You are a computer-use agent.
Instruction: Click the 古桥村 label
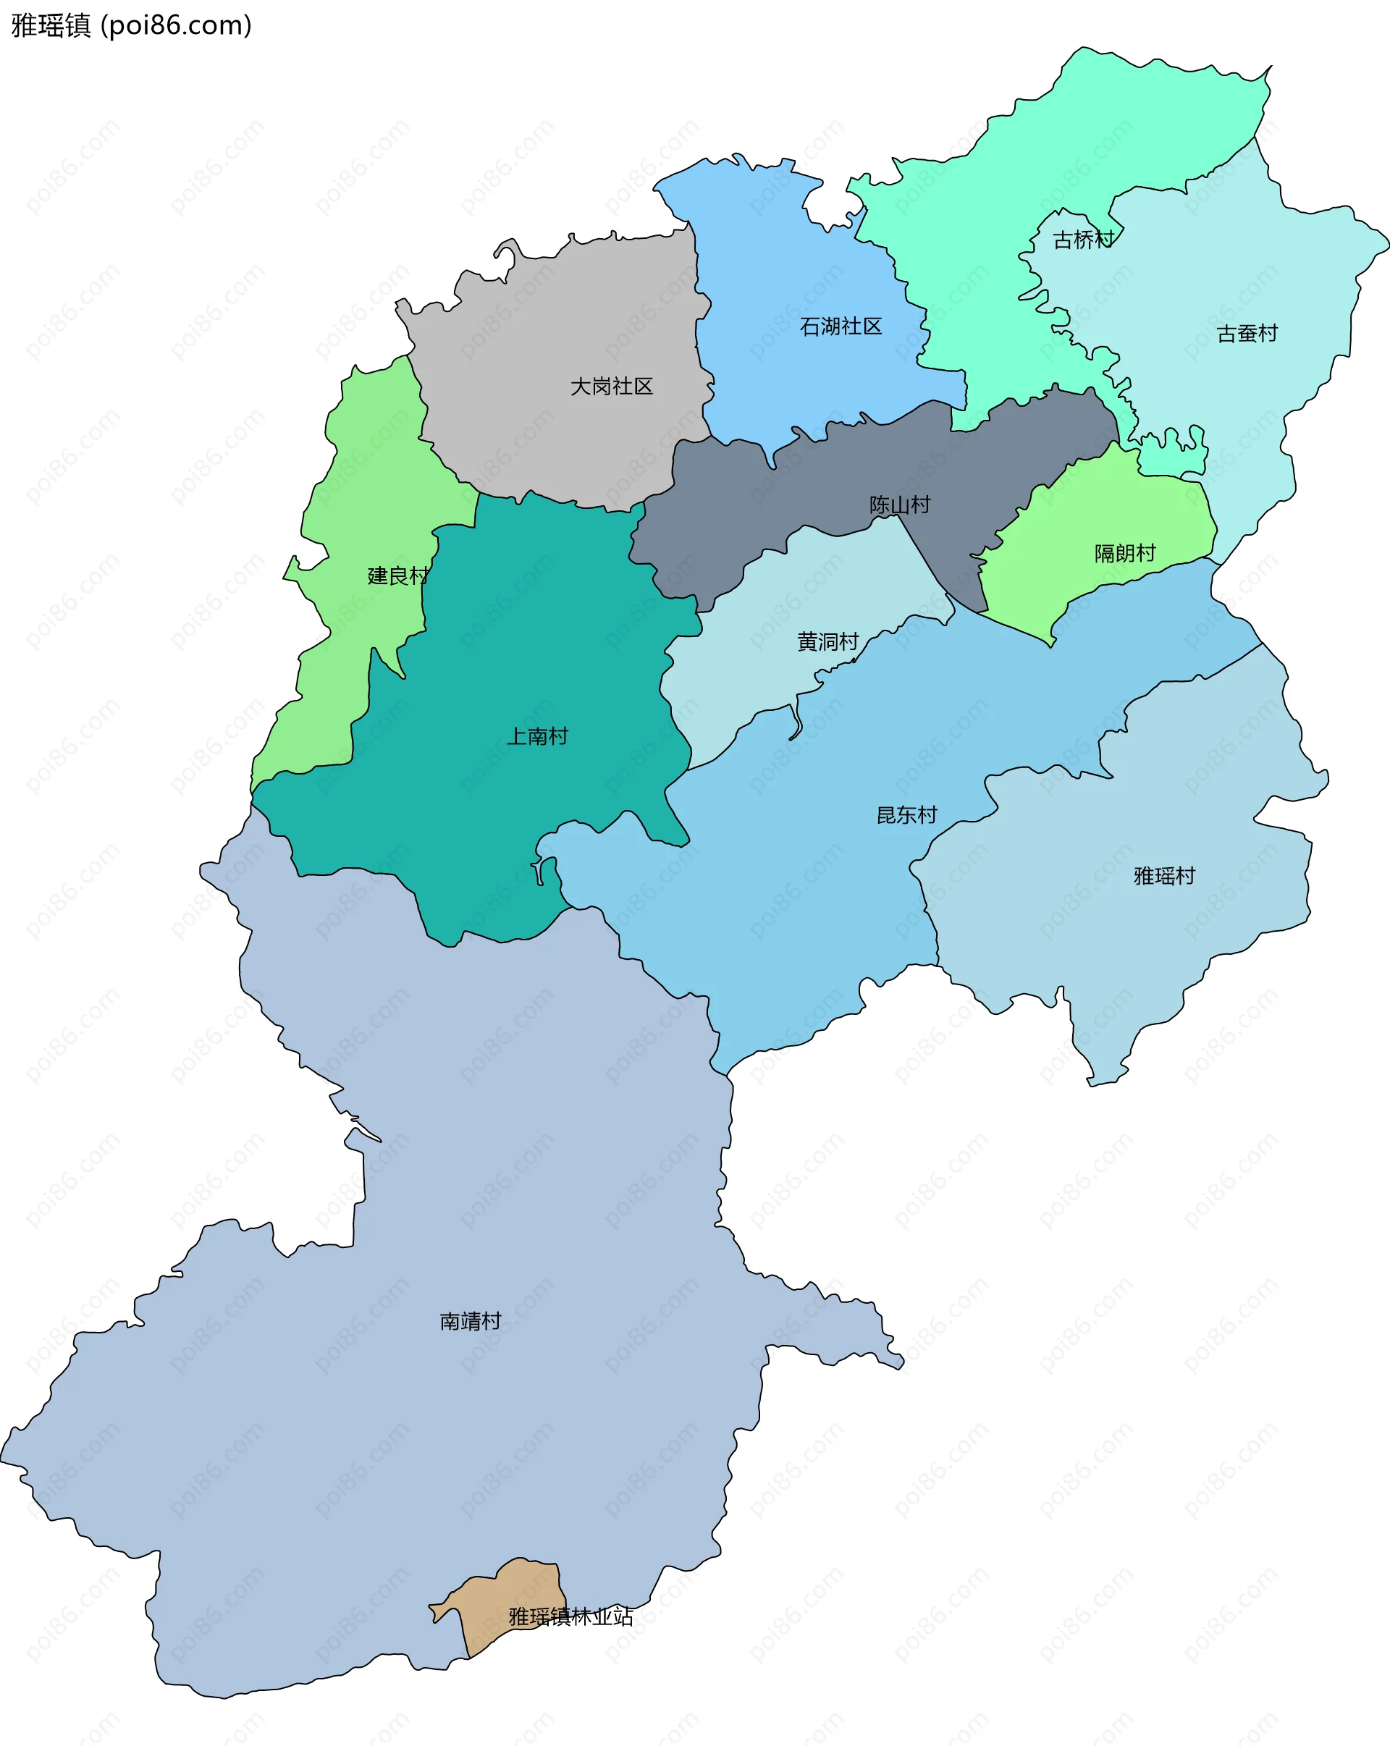1083,240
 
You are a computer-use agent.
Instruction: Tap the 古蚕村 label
1247,334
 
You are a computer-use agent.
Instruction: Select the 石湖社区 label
840,326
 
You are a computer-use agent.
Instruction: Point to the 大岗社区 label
611,387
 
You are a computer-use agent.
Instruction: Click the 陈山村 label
899,505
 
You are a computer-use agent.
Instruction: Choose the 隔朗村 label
1124,553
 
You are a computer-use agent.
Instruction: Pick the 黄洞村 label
827,642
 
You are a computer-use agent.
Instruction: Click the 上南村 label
537,736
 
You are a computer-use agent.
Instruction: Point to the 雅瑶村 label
1164,875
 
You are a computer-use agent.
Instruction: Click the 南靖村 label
470,1321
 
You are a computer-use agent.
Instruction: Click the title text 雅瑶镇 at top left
50,26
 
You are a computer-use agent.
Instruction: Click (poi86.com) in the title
176,26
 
